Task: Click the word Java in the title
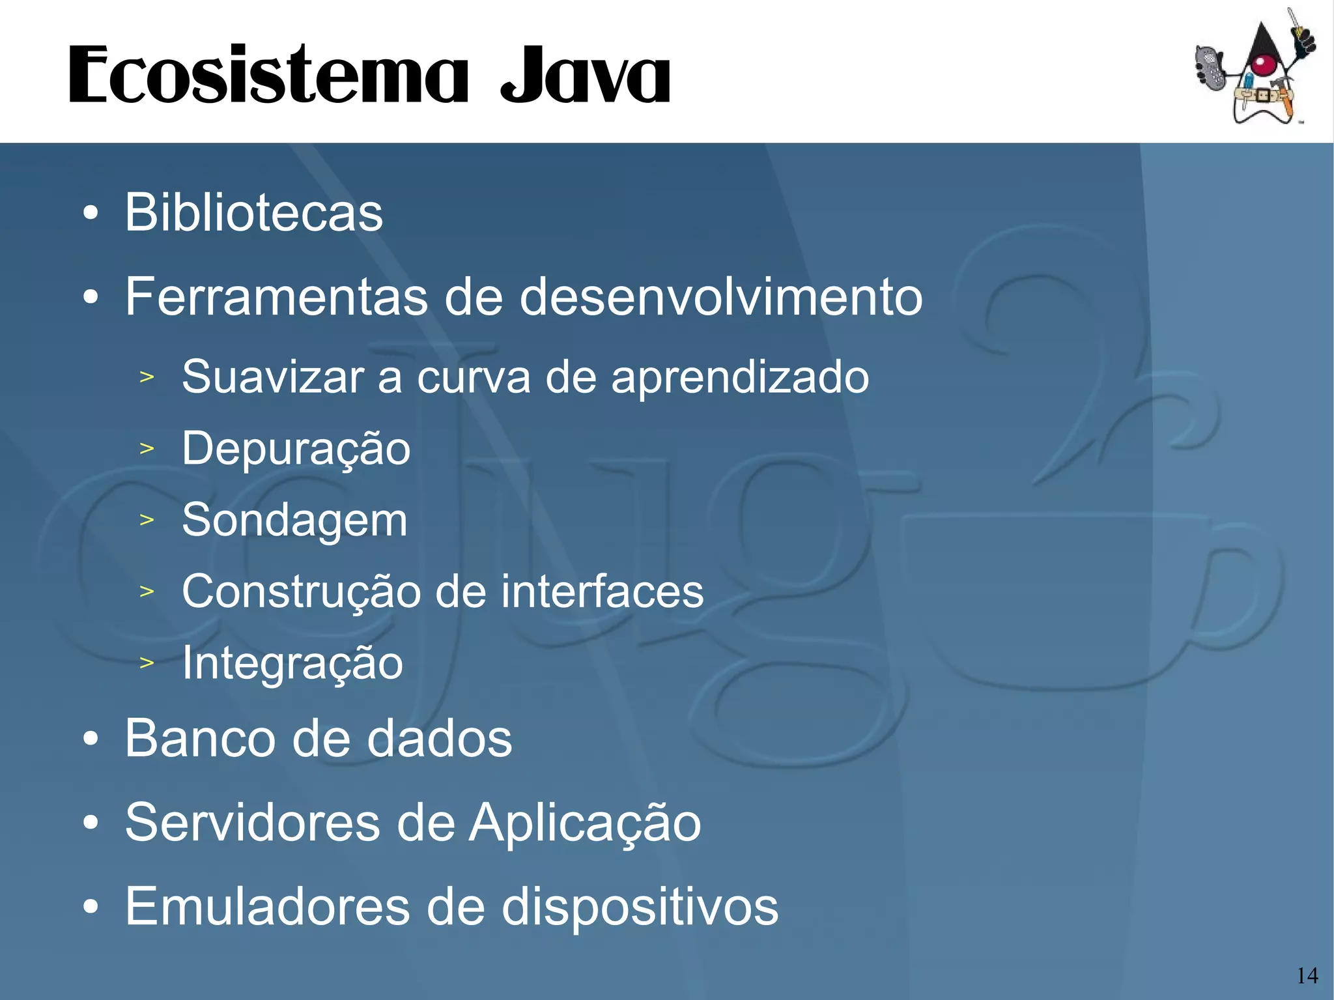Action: [x=585, y=76]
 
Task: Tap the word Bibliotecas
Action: [x=254, y=212]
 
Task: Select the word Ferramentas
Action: [x=277, y=297]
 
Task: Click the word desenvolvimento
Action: [x=721, y=297]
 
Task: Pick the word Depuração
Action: [x=296, y=450]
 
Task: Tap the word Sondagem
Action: [x=294, y=521]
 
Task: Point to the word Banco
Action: [x=199, y=739]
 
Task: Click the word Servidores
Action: [x=252, y=823]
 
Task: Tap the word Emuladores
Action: [x=267, y=906]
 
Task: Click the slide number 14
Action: [x=1307, y=975]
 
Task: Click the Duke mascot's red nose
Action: [x=1263, y=64]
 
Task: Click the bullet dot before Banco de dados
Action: [x=91, y=739]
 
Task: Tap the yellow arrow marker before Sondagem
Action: [x=147, y=520]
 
